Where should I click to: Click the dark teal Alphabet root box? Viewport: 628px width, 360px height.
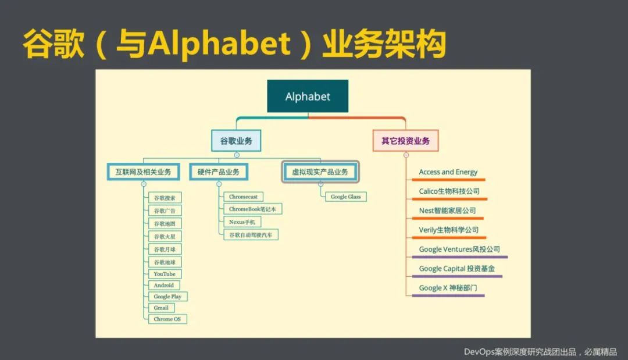tap(308, 96)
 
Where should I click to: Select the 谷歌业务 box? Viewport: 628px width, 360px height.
tap(236, 141)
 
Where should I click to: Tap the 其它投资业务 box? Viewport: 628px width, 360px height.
tap(405, 141)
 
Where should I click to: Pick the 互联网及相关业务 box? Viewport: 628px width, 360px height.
tap(144, 172)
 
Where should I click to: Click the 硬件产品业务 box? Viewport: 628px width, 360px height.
tap(219, 172)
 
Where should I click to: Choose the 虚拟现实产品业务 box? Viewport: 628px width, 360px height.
tap(320, 172)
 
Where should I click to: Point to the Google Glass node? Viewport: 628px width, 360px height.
tap(345, 197)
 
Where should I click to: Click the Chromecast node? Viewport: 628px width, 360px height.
tap(243, 197)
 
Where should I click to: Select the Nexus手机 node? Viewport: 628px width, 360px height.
tap(242, 222)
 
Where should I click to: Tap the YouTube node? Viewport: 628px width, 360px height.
tap(165, 274)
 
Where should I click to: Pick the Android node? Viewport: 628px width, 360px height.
tap(164, 285)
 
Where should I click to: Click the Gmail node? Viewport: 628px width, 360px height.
tap(161, 308)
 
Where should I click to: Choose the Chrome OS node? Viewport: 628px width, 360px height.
tap(167, 319)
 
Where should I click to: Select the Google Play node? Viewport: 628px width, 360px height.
tap(168, 297)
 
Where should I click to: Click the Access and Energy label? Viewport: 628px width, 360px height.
tap(448, 172)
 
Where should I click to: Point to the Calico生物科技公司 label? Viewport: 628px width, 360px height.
tap(449, 191)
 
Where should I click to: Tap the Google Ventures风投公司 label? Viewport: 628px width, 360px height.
tap(459, 249)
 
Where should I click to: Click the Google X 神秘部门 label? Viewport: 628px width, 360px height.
tap(448, 288)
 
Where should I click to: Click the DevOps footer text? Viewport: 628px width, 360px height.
tap(540, 352)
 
